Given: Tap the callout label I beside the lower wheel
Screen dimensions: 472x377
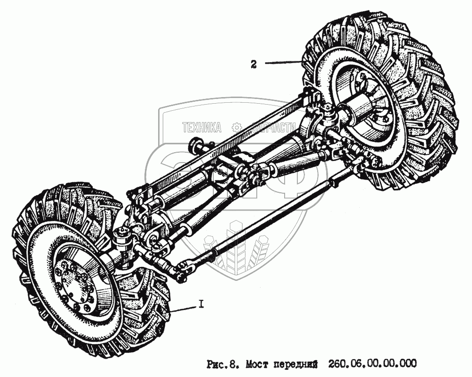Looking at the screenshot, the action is pos(201,305).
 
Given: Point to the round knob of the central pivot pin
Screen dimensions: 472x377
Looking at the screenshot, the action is pos(195,143).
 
